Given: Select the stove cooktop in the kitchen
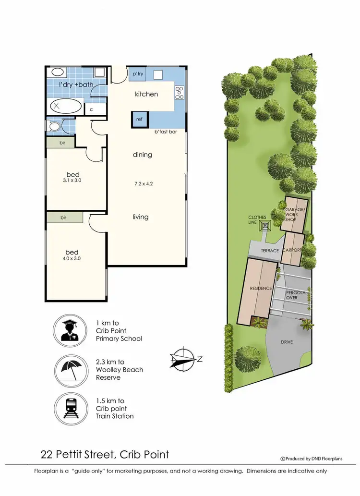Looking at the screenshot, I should pos(180,92).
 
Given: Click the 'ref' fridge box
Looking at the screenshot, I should pos(139,119).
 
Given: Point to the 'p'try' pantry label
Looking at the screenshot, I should pos(138,74).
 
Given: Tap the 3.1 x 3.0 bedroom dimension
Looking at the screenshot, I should pos(72,181).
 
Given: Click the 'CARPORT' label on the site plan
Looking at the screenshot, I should pos(292,250).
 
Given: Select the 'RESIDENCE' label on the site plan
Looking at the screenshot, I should pos(261,288).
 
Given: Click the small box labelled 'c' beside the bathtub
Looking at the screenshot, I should pos(92,109).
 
